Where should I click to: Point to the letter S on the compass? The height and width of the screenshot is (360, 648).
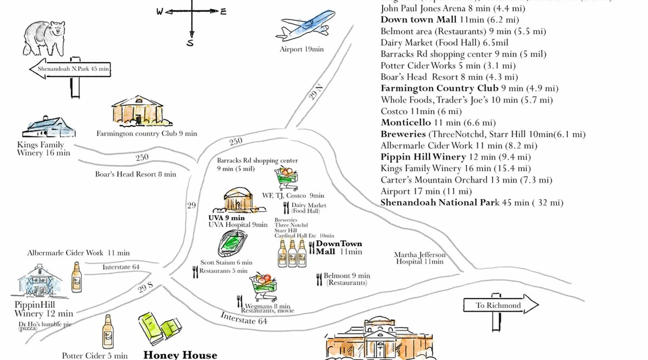coord(190,43)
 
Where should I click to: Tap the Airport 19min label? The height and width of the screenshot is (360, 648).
coord(302,49)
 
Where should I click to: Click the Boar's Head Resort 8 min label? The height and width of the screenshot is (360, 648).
coord(136,174)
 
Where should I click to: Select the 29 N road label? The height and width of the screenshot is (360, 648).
coord(316,92)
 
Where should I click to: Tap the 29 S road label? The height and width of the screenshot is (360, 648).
coord(145,287)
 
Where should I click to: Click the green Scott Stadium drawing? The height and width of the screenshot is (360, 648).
coord(233,243)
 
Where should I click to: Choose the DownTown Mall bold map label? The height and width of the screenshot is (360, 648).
coord(338,248)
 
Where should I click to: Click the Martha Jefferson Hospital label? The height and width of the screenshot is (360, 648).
coord(420,258)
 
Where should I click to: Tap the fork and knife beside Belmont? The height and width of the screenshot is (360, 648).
coord(319,279)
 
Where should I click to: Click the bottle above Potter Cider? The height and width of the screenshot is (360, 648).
coord(108,332)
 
